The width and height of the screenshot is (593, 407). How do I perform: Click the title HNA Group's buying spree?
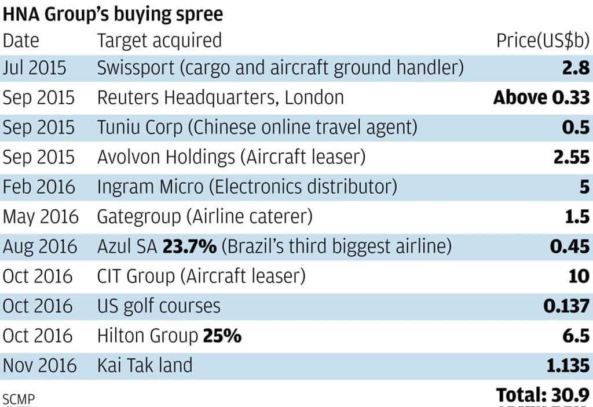click(x=113, y=14)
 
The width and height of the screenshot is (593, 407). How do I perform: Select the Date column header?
click(x=21, y=40)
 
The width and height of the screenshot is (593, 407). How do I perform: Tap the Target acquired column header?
click(x=159, y=40)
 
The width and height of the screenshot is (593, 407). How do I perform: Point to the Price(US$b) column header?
click(x=542, y=40)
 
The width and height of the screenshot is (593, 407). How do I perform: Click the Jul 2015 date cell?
click(x=34, y=68)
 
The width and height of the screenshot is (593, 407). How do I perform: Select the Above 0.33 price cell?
click(x=541, y=97)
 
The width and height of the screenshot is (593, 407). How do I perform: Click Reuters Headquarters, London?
click(x=220, y=97)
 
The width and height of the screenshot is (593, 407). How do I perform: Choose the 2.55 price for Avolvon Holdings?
click(x=570, y=157)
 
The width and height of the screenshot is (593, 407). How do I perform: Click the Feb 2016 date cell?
click(x=39, y=187)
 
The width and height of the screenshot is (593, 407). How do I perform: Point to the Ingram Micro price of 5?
click(x=584, y=187)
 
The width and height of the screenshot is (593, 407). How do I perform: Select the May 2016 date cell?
click(x=40, y=217)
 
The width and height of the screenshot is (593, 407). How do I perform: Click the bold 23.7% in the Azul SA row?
click(x=189, y=246)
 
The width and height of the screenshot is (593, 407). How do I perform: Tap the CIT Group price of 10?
click(x=579, y=276)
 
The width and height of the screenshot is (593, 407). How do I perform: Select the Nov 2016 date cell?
click(x=39, y=365)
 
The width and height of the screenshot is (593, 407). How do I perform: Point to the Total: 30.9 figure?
click(x=543, y=395)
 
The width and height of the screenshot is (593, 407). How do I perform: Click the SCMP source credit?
click(x=19, y=399)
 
